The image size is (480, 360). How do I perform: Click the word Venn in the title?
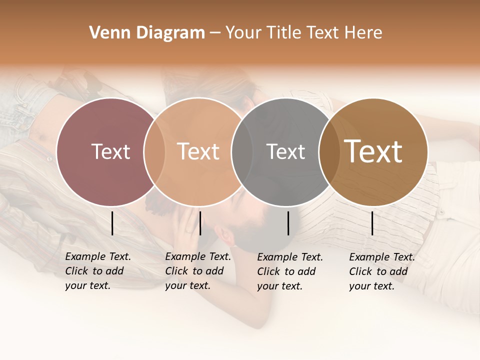tap(106, 33)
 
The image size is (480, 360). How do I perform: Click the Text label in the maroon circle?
tap(110, 152)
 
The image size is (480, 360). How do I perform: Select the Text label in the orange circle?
tap(198, 152)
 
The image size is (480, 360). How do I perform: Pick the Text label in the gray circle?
tap(286, 152)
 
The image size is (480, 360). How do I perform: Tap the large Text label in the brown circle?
tap(373, 152)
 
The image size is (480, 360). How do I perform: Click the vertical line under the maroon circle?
tap(112, 223)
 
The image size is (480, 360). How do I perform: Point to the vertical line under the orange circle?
tap(200, 223)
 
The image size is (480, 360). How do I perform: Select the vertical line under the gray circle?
tap(288, 223)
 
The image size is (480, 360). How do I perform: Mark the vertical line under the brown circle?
tap(372, 223)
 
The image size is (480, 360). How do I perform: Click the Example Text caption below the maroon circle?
tap(97, 271)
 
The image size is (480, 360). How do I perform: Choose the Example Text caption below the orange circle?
tap(197, 271)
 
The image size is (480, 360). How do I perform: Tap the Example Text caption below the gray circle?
tap(289, 271)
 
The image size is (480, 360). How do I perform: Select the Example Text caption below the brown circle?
tap(381, 271)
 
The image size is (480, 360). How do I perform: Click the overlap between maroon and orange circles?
tap(154, 152)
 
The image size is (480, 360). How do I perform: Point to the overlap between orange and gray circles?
tap(242, 152)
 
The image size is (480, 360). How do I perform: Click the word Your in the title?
tap(243, 33)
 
